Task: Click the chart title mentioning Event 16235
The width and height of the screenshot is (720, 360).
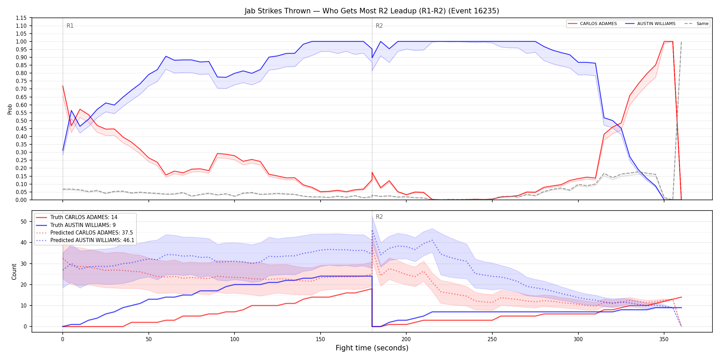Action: coord(372,11)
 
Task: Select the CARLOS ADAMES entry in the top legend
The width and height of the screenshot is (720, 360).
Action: coord(592,24)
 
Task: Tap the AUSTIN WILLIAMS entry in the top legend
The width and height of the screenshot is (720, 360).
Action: coord(650,24)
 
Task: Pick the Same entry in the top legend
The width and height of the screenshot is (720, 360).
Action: coord(696,24)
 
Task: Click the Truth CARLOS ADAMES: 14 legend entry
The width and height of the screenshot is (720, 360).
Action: coord(77,217)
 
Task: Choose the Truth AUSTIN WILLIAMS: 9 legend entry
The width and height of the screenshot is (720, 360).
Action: coord(76,225)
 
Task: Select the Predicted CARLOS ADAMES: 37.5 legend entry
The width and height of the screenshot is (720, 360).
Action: coord(84,232)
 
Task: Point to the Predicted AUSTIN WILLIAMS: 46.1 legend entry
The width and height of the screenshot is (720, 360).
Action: coord(85,240)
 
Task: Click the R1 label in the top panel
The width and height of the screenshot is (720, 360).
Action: coord(70,26)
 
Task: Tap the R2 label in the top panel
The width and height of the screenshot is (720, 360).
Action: coord(379,26)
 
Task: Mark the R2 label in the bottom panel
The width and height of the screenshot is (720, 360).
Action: coord(379,217)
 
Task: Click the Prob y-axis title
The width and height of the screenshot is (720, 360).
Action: coord(10,109)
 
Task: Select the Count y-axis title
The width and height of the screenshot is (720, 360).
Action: coord(14,272)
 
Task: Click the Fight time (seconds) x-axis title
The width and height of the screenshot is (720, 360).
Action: coord(372,348)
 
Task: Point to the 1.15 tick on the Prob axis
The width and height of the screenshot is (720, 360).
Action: coord(21,18)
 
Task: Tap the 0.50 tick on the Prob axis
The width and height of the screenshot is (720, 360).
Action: coord(21,121)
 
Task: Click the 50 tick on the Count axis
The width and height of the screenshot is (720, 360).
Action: coord(24,221)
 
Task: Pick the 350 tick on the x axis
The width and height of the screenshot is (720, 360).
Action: coord(664,339)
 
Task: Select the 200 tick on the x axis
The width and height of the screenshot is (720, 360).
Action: coord(406,339)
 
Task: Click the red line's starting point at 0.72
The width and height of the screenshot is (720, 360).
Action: coord(63,86)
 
